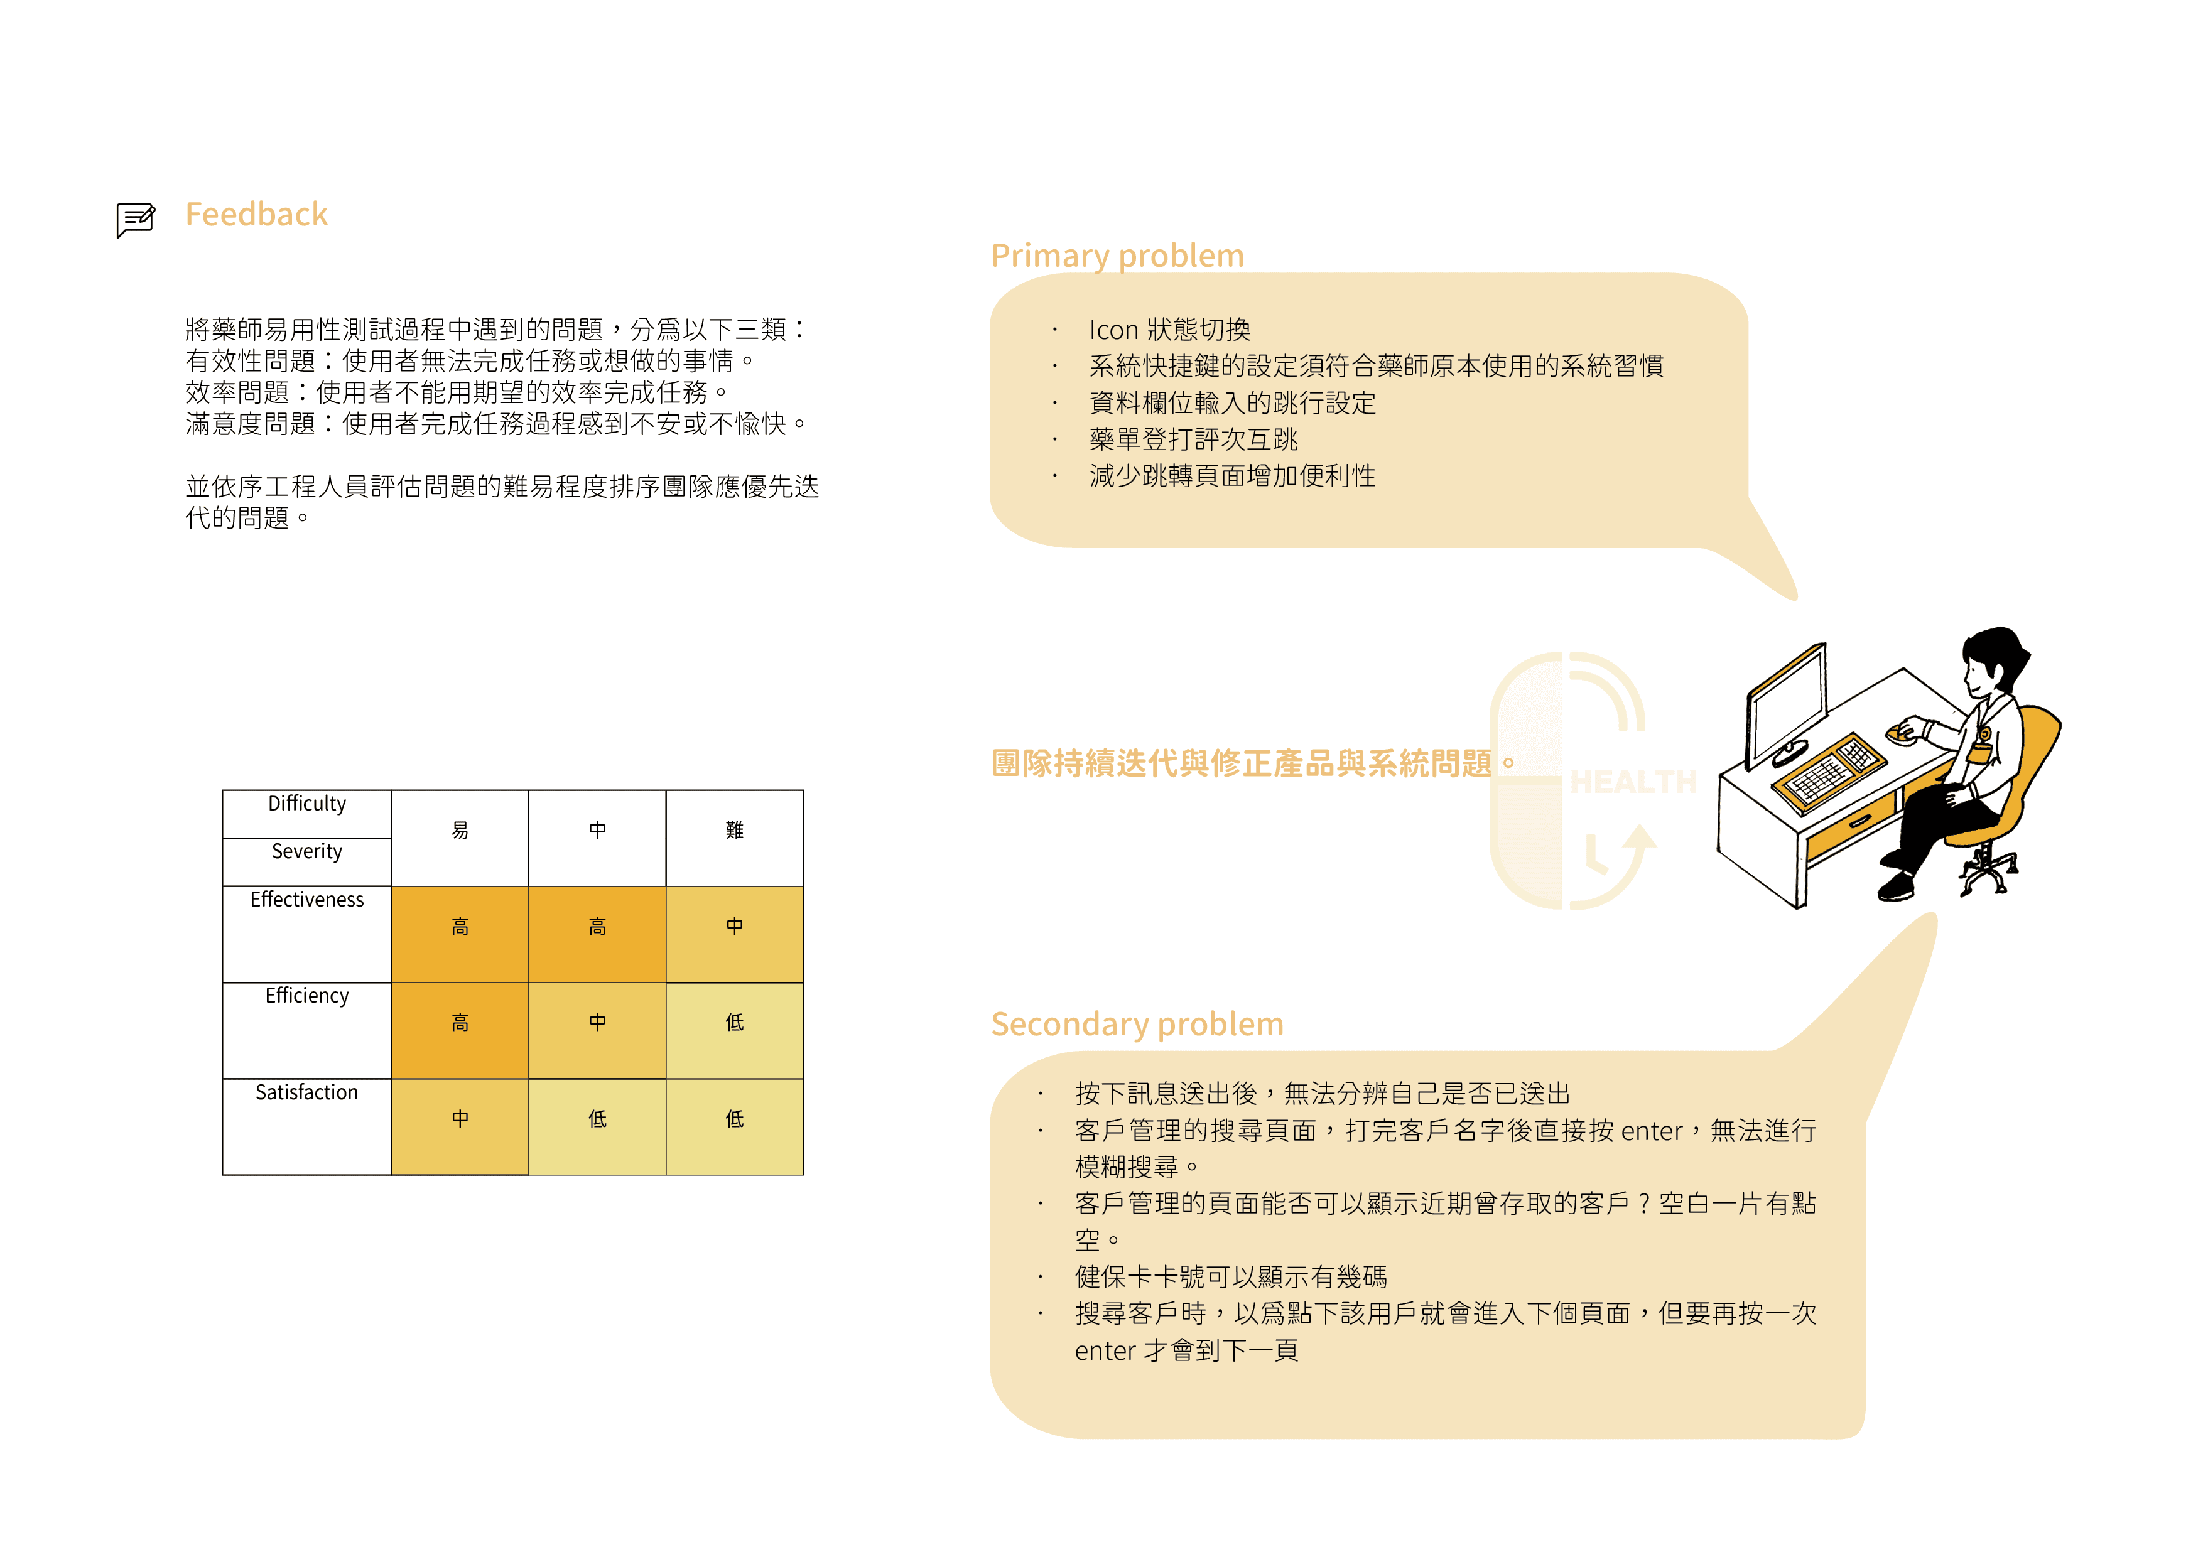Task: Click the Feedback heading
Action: (256, 214)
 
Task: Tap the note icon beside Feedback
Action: (135, 220)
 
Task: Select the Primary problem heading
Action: (1117, 255)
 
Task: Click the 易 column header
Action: (460, 831)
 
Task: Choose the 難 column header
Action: (734, 831)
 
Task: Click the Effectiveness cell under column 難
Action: (734, 927)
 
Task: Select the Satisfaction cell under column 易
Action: (460, 1119)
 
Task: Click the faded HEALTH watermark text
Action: (1633, 782)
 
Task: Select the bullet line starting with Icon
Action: (1169, 330)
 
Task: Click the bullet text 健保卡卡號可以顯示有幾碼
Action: (1230, 1277)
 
